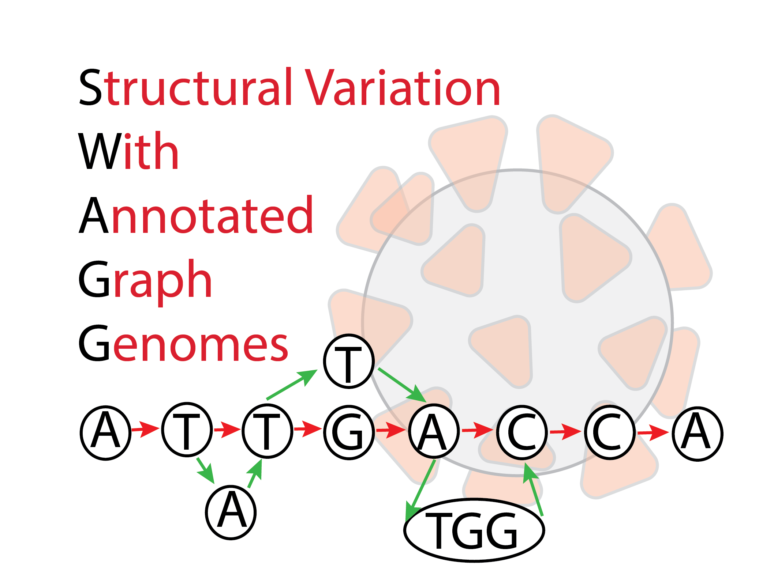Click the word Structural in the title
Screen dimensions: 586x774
click(x=185, y=88)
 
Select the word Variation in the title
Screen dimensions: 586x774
click(x=403, y=88)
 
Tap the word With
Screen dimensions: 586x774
click(x=128, y=152)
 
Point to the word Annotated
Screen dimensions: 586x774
click(x=196, y=216)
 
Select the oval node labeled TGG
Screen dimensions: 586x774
click(x=474, y=530)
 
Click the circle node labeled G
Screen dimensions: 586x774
click(x=349, y=432)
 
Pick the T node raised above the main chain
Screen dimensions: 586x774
click(x=349, y=361)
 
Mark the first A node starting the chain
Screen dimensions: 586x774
click(x=106, y=432)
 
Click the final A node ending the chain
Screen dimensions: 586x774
click(x=697, y=434)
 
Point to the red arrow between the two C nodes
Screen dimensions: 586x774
click(x=566, y=432)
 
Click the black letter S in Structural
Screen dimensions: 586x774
click(x=90, y=88)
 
